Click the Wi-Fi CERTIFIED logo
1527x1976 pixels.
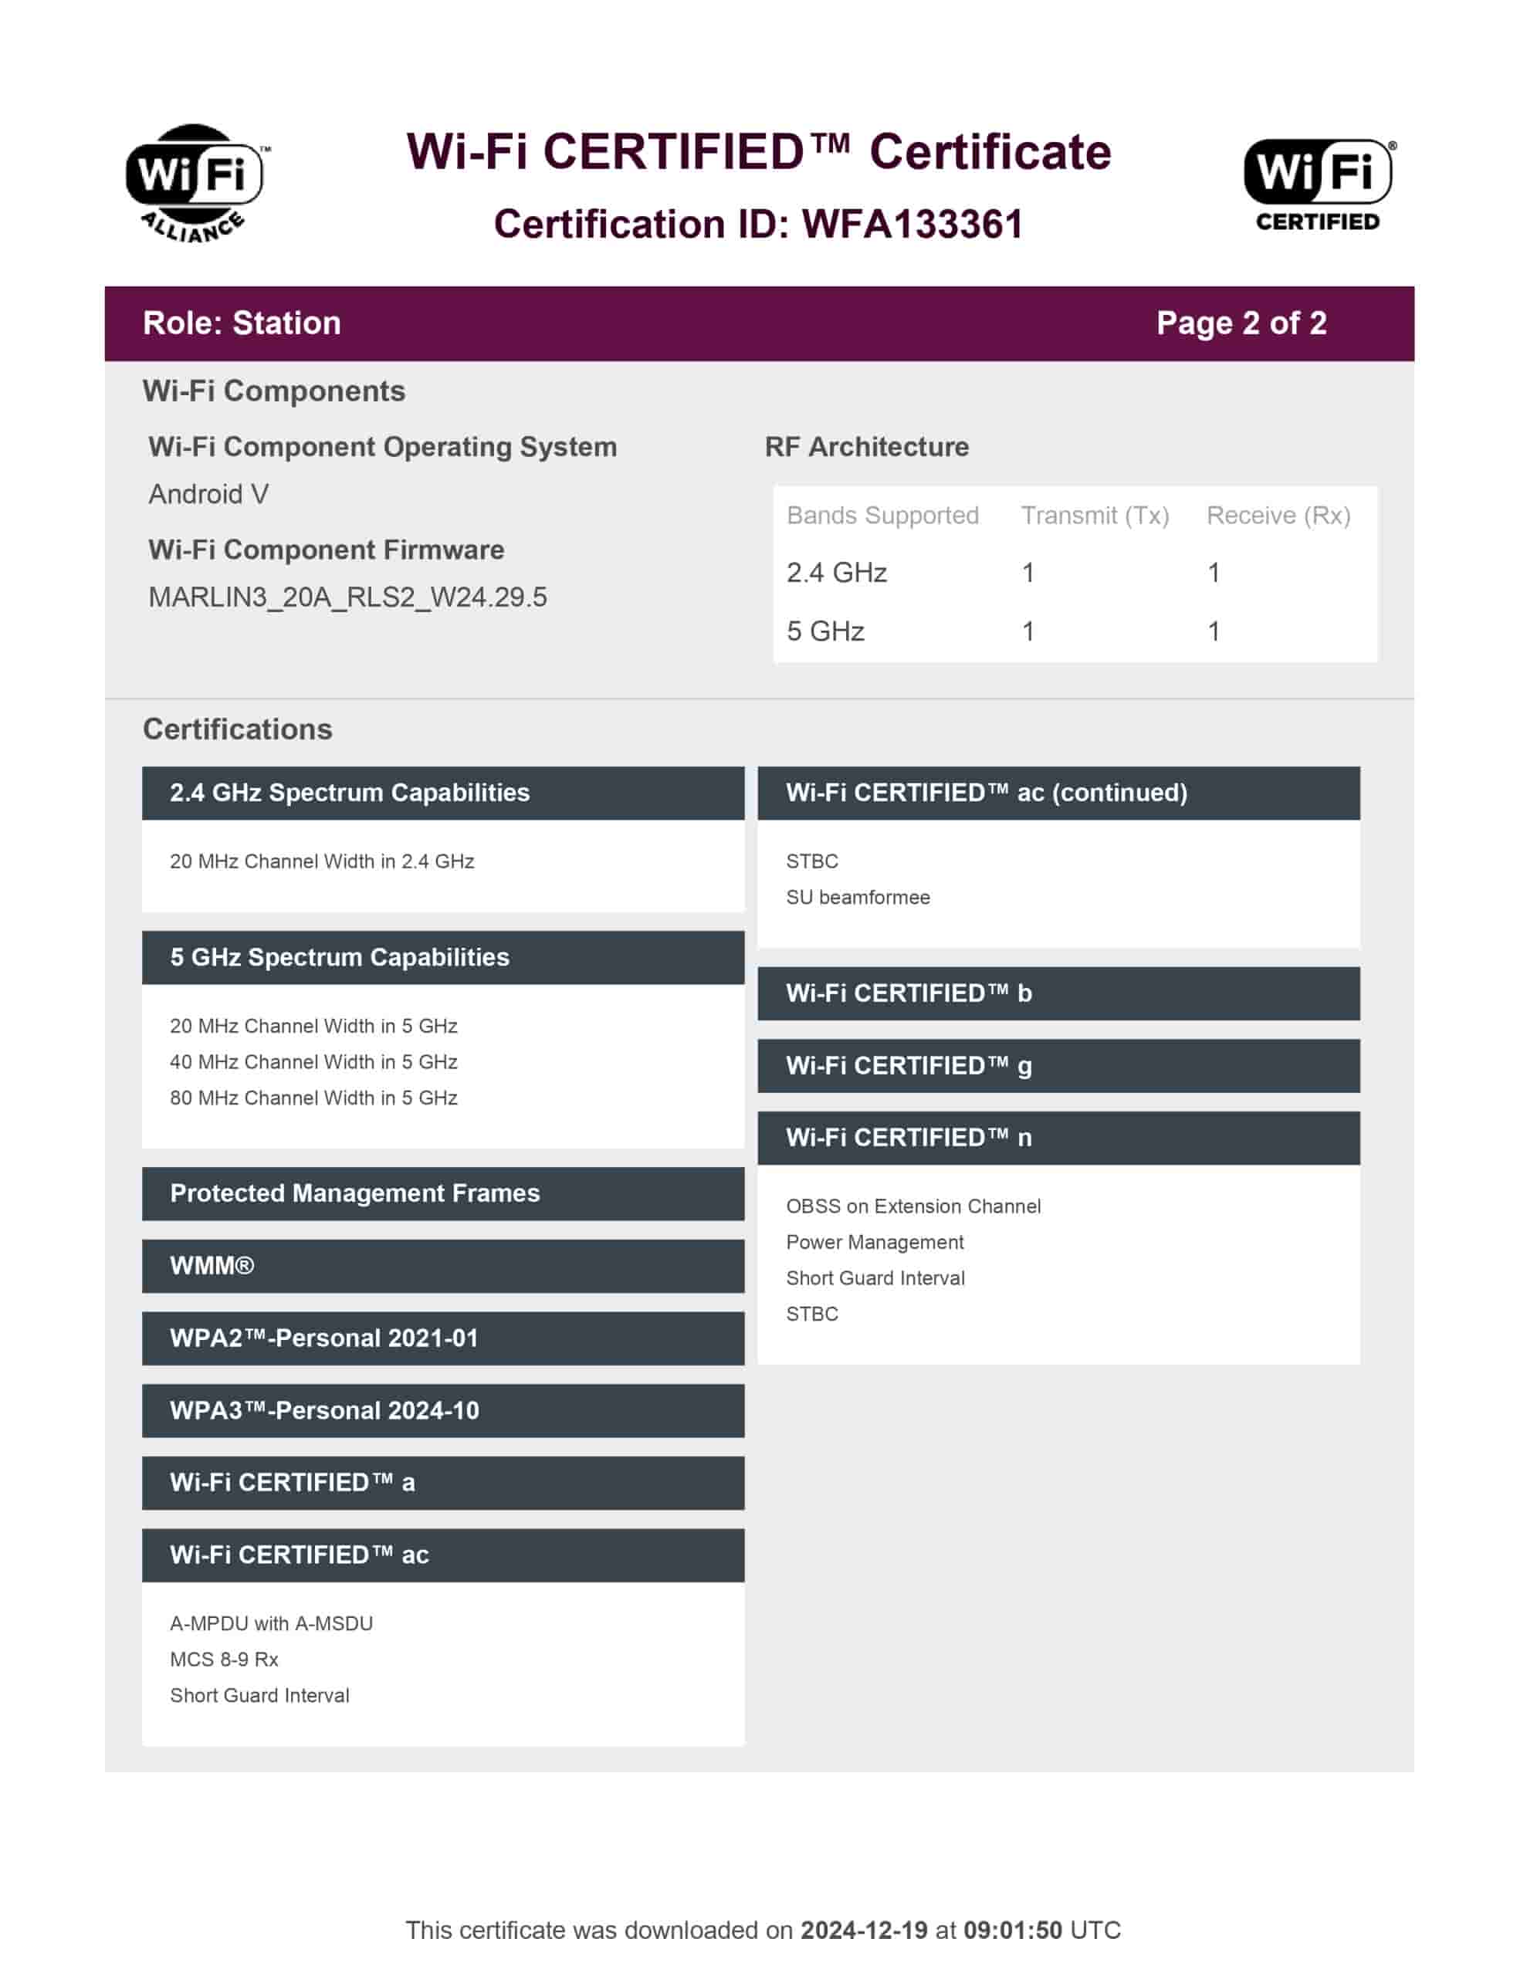tap(1317, 184)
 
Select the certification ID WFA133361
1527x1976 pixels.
tap(912, 225)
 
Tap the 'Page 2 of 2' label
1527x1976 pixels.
tap(1240, 323)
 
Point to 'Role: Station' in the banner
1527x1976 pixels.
tap(242, 323)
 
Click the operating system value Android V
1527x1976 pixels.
tap(208, 494)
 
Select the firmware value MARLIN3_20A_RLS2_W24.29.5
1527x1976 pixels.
tap(347, 597)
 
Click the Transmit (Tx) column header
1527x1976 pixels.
tap(1095, 515)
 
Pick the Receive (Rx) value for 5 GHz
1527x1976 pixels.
tap(1213, 631)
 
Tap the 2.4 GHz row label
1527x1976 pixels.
tap(835, 573)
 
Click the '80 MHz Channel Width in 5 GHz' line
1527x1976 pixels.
tap(313, 1098)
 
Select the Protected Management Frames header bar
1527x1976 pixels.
tap(442, 1193)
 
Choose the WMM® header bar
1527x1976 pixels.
tap(442, 1266)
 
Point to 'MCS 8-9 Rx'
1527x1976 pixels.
tap(224, 1660)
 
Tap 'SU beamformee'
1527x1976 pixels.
tap(857, 898)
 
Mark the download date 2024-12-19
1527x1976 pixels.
tap(864, 1930)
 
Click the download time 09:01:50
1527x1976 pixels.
tap(1012, 1930)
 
